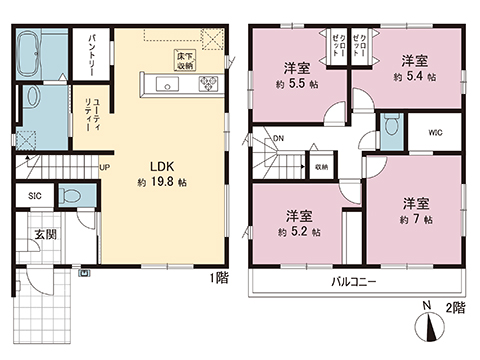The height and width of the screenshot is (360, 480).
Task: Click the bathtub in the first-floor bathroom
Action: [x=40, y=50]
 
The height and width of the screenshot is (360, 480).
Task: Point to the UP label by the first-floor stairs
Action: [x=104, y=167]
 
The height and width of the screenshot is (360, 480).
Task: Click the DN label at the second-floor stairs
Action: [x=278, y=140]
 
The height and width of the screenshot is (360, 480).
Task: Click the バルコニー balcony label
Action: [x=354, y=283]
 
